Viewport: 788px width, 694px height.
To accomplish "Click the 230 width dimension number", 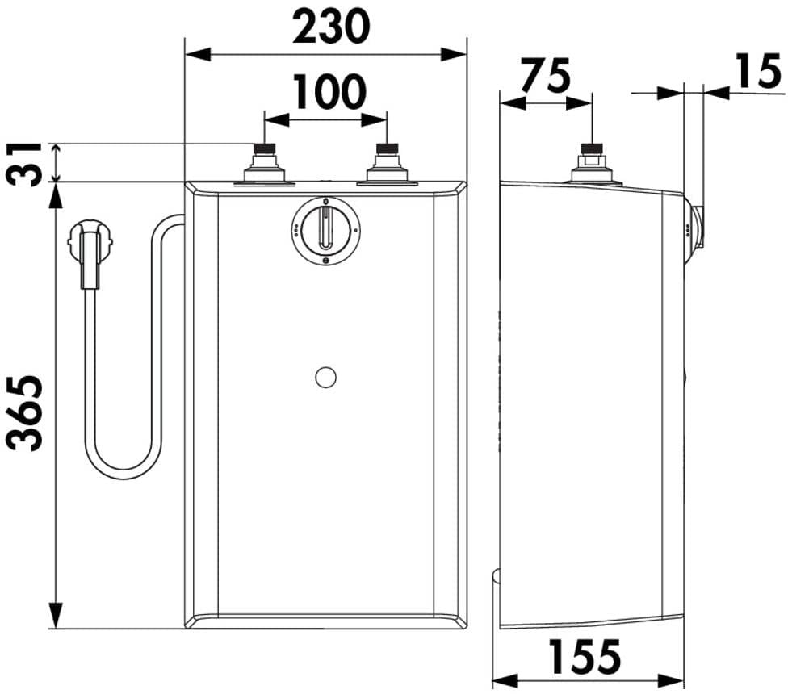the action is click(331, 26).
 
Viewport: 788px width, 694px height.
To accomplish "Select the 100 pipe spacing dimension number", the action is click(329, 91).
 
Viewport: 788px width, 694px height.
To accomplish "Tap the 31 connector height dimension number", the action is click(23, 164).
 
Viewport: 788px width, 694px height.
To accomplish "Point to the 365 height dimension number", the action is click(23, 413).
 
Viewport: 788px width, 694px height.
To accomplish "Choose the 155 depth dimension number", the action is click(585, 656).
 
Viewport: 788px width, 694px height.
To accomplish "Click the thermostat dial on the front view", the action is click(325, 230).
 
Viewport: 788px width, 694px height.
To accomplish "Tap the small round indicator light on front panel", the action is click(325, 377).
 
